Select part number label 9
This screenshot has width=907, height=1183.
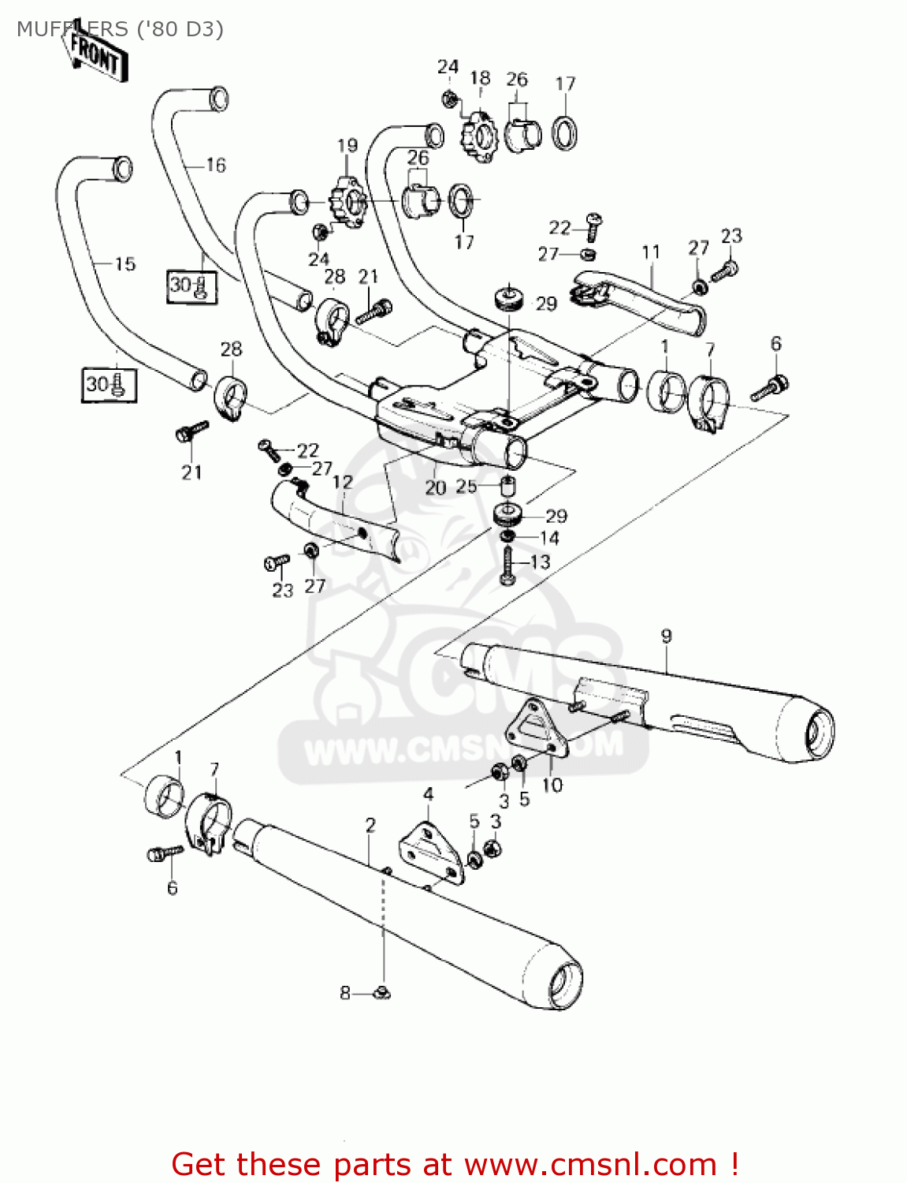[x=666, y=636]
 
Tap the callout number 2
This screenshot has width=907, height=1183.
[x=370, y=825]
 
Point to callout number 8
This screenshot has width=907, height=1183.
[x=344, y=993]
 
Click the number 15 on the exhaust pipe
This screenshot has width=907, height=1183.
[x=125, y=263]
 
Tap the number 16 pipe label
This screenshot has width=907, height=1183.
[x=215, y=165]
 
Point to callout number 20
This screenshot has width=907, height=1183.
[x=435, y=487]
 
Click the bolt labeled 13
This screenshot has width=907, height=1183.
[x=507, y=567]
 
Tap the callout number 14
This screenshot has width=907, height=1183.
[x=549, y=538]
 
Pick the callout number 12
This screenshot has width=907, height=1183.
[x=343, y=481]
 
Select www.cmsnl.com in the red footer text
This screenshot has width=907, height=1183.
[x=590, y=1164]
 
